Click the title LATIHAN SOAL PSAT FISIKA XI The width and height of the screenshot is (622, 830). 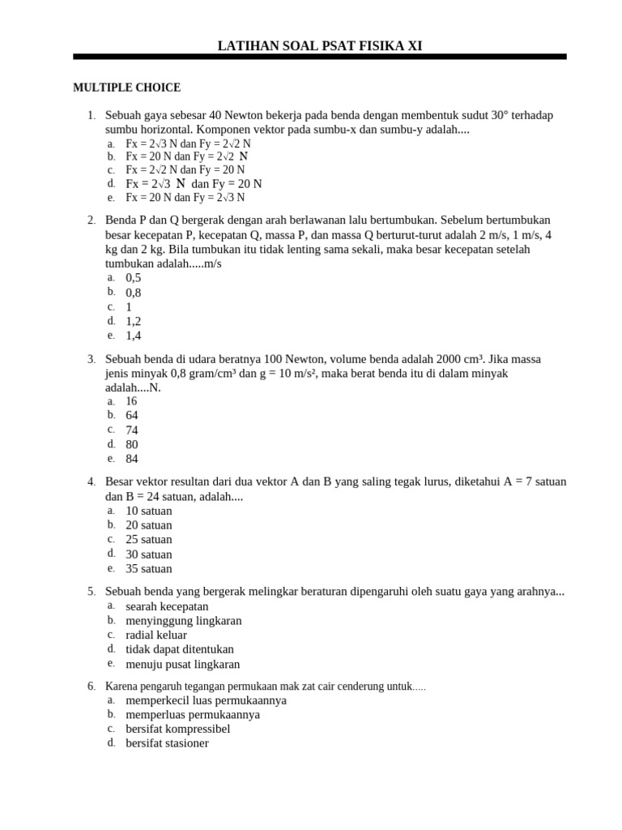[x=319, y=46]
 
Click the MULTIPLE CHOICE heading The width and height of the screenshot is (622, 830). [x=126, y=88]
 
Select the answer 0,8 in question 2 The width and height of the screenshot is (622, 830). [x=134, y=293]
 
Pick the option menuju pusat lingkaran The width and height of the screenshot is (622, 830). [x=183, y=664]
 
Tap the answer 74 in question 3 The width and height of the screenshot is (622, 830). [x=132, y=430]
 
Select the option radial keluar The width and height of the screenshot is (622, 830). [x=156, y=635]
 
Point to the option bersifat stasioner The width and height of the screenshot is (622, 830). [x=167, y=743]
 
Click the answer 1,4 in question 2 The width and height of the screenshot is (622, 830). [x=134, y=336]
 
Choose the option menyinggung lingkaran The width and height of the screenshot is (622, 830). [x=184, y=621]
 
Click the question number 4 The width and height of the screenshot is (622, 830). [x=92, y=482]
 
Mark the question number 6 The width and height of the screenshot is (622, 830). [x=92, y=687]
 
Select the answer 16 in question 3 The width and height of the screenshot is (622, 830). [x=132, y=401]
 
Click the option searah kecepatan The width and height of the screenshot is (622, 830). [x=167, y=606]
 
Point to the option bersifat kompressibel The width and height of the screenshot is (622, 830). [x=178, y=729]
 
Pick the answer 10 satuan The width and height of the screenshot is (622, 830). [x=149, y=511]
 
